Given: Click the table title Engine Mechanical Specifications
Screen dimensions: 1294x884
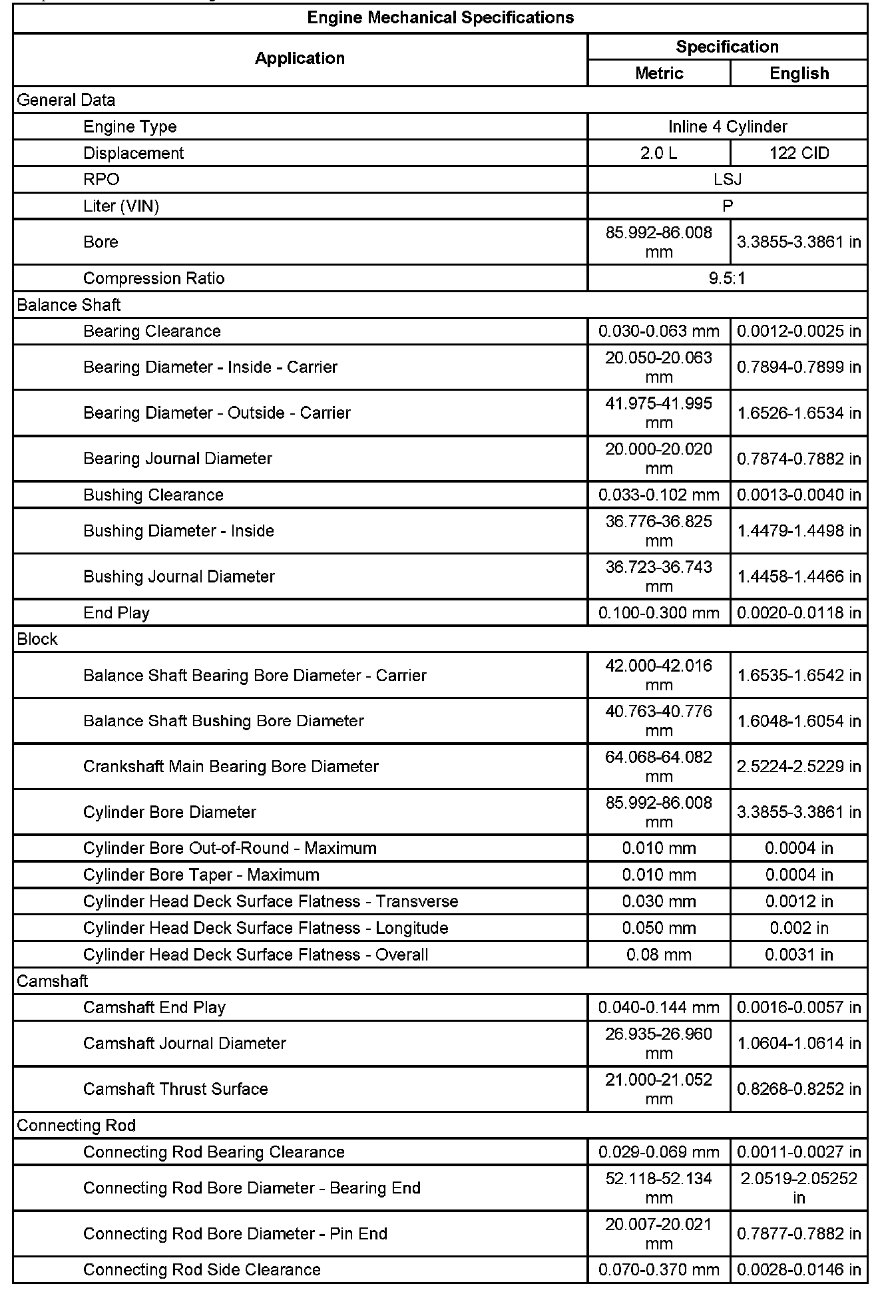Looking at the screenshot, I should [440, 18].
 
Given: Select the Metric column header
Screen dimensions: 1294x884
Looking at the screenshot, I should [659, 73].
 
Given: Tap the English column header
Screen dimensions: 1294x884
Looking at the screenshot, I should [799, 73].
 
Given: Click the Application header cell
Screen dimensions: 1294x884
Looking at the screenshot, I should [300, 59].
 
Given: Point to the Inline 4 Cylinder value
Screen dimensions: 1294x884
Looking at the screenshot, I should [728, 126].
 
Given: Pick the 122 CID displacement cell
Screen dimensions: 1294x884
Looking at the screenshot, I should [799, 153].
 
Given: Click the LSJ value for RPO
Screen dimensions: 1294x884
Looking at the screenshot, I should [728, 180].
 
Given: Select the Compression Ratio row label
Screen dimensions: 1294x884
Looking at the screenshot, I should [154, 278].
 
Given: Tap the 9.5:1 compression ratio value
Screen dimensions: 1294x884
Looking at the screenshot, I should [728, 278].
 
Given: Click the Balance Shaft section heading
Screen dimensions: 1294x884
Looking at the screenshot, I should [69, 305].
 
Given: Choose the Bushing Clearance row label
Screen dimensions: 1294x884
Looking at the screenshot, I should [153, 495].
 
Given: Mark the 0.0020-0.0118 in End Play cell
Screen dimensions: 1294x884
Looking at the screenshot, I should [799, 613].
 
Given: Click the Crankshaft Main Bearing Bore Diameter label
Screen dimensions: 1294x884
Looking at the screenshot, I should [231, 767].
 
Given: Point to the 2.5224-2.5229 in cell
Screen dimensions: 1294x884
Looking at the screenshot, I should [799, 767].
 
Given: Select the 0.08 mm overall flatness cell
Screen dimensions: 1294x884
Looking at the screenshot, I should [659, 955].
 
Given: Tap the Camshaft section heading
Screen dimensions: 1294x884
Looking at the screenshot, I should [52, 982].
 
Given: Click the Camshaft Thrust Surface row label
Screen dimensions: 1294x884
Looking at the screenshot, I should [176, 1090].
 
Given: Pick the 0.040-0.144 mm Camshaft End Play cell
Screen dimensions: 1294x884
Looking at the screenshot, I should [659, 1008].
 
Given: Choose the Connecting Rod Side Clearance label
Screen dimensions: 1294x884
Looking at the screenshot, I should [202, 1270].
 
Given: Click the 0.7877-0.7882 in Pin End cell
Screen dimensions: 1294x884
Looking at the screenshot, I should [799, 1234].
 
